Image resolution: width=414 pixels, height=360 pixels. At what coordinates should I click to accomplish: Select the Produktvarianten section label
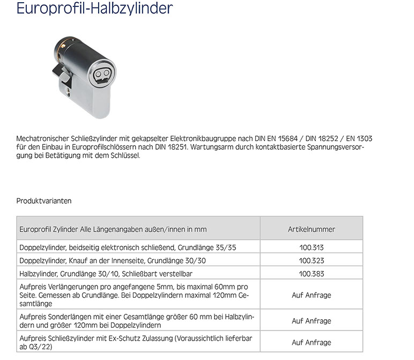click(44, 201)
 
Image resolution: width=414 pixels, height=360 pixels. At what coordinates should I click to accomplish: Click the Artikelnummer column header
click(311, 229)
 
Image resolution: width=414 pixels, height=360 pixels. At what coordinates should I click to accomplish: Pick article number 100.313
click(311, 248)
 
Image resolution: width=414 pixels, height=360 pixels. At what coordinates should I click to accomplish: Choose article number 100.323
click(311, 261)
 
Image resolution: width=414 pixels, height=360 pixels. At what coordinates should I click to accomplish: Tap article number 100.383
click(311, 274)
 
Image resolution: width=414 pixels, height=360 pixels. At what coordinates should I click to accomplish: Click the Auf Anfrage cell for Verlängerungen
click(311, 295)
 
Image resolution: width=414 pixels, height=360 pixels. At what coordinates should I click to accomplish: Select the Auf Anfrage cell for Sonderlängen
click(311, 321)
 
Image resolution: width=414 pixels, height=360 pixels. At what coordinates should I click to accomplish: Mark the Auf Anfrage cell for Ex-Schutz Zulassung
click(311, 342)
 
